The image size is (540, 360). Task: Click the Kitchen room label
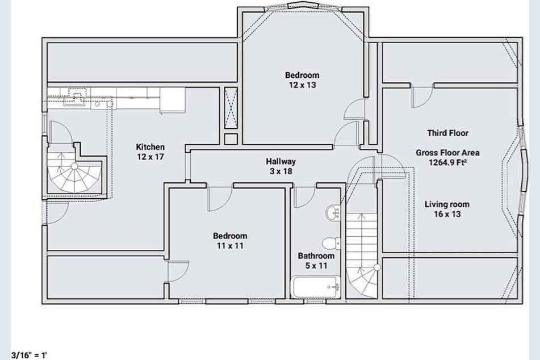150,147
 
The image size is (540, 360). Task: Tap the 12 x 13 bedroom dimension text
303,85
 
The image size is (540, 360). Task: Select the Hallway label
281,161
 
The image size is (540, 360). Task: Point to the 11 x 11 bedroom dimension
230,246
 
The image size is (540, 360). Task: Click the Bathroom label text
316,256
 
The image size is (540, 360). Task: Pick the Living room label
447,204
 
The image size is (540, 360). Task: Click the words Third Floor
447,133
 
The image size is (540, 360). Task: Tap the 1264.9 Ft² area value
447,162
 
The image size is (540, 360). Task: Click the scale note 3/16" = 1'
29,355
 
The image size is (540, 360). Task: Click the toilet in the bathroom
331,243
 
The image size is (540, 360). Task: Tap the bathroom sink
333,212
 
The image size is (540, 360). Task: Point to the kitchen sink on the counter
75,101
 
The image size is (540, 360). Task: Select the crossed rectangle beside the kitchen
231,108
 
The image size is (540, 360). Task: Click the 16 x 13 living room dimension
447,214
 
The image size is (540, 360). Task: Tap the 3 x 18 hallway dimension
281,171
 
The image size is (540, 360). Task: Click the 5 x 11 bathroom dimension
316,266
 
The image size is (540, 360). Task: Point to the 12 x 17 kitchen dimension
150,157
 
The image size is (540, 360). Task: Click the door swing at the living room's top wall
422,97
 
